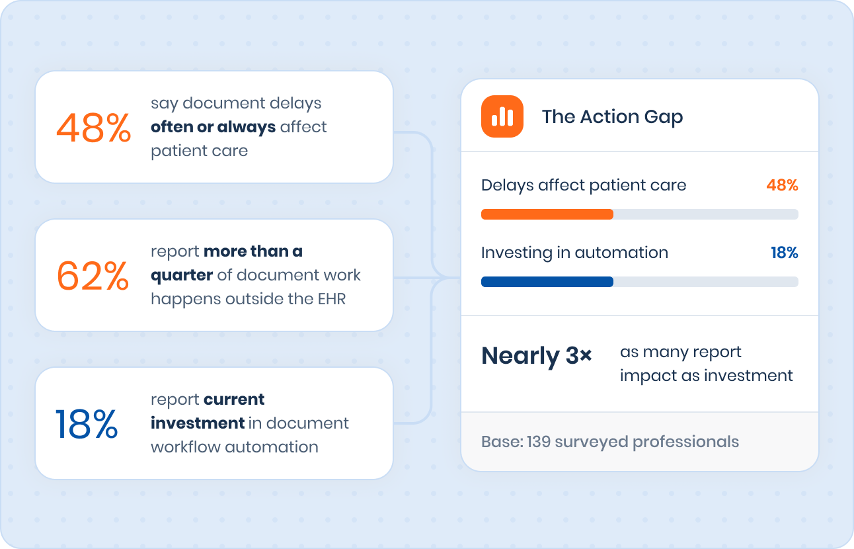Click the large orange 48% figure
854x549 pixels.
click(93, 128)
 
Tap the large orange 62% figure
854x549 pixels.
click(93, 276)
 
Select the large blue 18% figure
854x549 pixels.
click(87, 424)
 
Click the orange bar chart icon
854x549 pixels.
click(502, 116)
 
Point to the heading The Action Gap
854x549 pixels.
click(612, 116)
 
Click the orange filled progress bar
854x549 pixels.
click(547, 214)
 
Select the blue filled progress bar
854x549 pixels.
click(547, 282)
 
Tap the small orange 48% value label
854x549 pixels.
click(783, 185)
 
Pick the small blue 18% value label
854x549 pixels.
click(785, 253)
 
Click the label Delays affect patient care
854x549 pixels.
click(584, 185)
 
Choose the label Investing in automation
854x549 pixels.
click(574, 253)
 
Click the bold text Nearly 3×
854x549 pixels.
click(537, 357)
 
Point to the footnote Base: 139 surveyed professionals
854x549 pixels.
click(610, 442)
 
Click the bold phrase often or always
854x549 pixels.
click(213, 127)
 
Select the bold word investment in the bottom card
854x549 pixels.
click(198, 423)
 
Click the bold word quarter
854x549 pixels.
click(182, 276)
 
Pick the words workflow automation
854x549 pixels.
click(235, 447)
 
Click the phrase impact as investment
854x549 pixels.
click(707, 376)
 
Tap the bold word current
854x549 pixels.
click(234, 400)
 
